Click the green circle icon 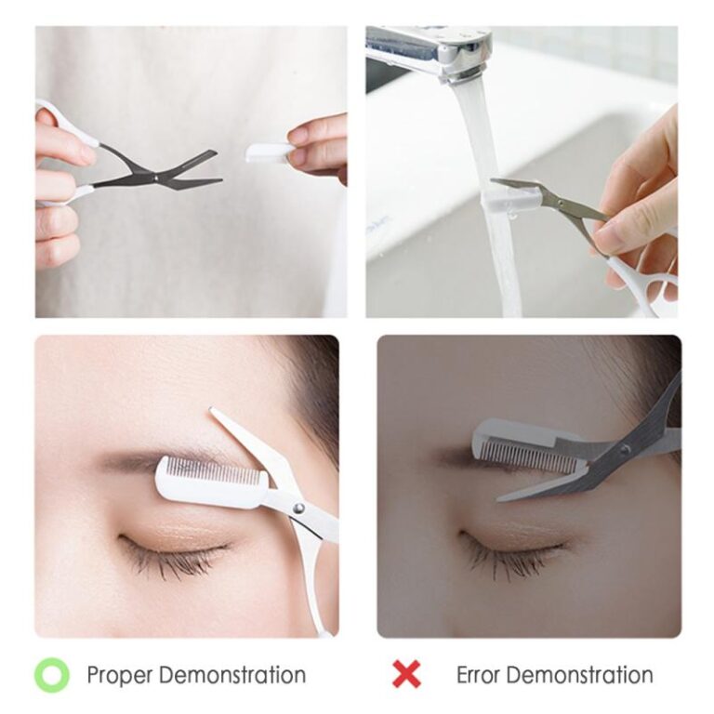pos(53,674)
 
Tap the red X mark pos(405,674)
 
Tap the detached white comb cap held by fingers pos(270,152)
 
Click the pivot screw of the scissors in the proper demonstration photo pos(298,508)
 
